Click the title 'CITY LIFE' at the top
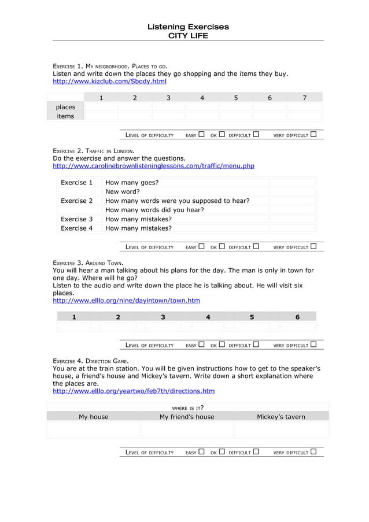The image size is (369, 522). tap(187, 36)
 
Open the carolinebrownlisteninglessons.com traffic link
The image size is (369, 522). tap(153, 166)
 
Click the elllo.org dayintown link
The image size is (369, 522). tap(126, 301)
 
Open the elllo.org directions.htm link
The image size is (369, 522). tap(133, 391)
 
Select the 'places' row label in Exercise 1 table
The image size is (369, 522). tap(65, 107)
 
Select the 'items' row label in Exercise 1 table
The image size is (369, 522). tap(65, 116)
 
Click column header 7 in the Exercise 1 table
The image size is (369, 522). tap(305, 98)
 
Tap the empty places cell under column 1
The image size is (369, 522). tap(101, 107)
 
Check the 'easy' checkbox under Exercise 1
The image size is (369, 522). tap(201, 135)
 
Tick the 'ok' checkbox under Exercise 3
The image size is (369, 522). tap(222, 345)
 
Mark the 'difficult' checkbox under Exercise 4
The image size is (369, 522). tap(255, 452)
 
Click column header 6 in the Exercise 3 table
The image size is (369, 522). tap(297, 317)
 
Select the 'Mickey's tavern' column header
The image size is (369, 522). tap(281, 417)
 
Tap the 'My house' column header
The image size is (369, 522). tap(94, 417)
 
